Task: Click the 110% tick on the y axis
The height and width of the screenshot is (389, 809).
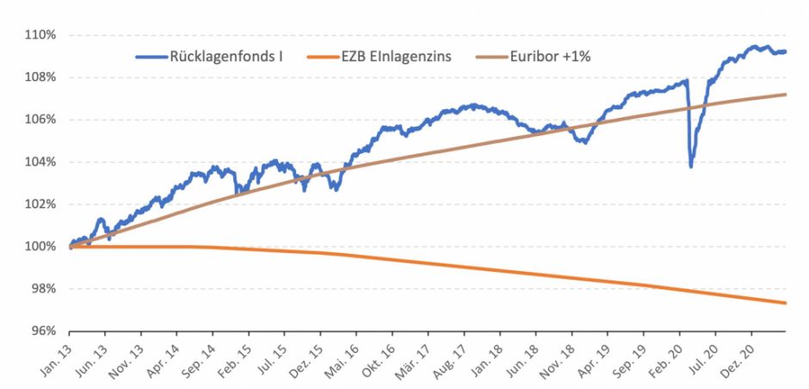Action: (x=40, y=35)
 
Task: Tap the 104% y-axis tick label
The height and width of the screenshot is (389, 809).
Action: (x=40, y=162)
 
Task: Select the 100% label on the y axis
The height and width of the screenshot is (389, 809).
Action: (x=40, y=247)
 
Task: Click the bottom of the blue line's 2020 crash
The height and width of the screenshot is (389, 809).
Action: (x=691, y=166)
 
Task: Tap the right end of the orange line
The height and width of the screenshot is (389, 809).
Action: (x=785, y=302)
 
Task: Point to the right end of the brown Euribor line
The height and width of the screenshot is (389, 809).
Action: (x=785, y=95)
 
